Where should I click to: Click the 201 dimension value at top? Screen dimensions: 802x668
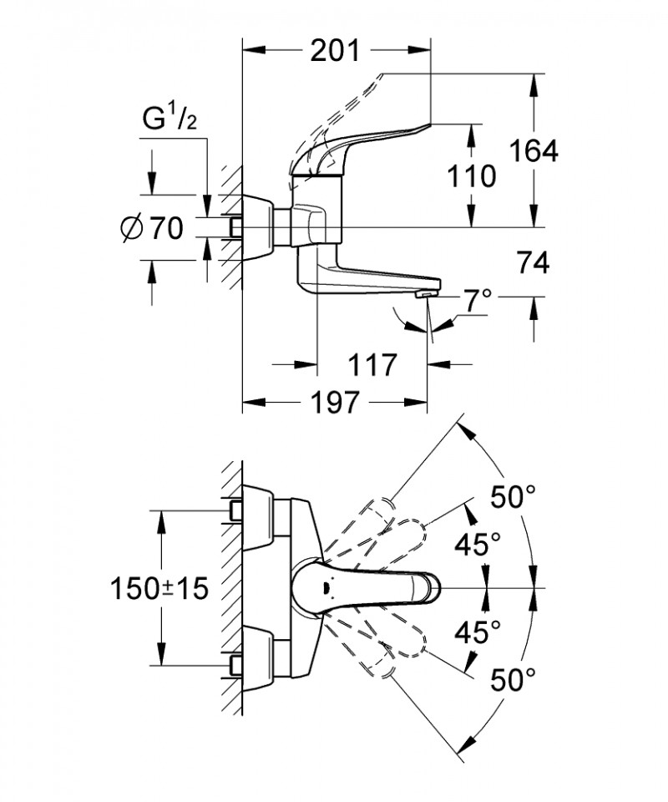[x=335, y=51]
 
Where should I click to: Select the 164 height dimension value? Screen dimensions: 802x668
[x=533, y=151]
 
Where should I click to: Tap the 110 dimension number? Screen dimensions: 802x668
[x=472, y=176]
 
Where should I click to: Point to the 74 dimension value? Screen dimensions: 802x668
[x=533, y=263]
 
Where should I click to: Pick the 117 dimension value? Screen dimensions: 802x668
[x=371, y=365]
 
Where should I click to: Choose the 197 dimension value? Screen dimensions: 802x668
[x=334, y=403]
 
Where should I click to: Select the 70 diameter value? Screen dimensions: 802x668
[x=165, y=228]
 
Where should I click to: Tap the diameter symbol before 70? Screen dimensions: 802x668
[x=132, y=228]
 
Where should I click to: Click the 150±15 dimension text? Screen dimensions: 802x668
[x=159, y=589]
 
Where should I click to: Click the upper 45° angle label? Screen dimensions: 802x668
[x=478, y=545]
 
